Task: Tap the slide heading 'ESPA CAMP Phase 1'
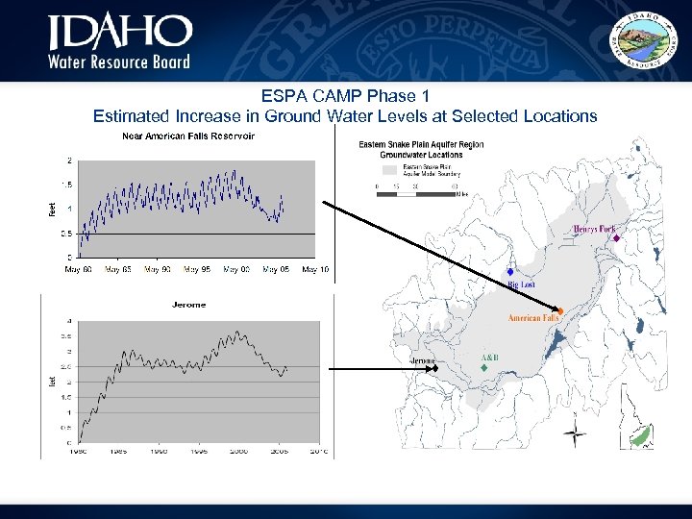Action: pos(344,96)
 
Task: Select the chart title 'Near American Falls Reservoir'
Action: pos(187,136)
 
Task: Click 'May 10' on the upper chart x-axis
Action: pos(315,269)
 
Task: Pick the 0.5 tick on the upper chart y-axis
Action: pos(65,234)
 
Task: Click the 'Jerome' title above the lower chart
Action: pos(188,305)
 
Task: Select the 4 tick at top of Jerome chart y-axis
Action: pos(68,321)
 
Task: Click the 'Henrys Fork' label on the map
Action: pos(594,229)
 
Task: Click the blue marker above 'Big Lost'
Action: pos(510,272)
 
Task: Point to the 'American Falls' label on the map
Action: pos(532,317)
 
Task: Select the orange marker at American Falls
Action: pos(560,309)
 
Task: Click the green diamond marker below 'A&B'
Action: pos(484,368)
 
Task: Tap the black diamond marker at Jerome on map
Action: pos(435,367)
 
